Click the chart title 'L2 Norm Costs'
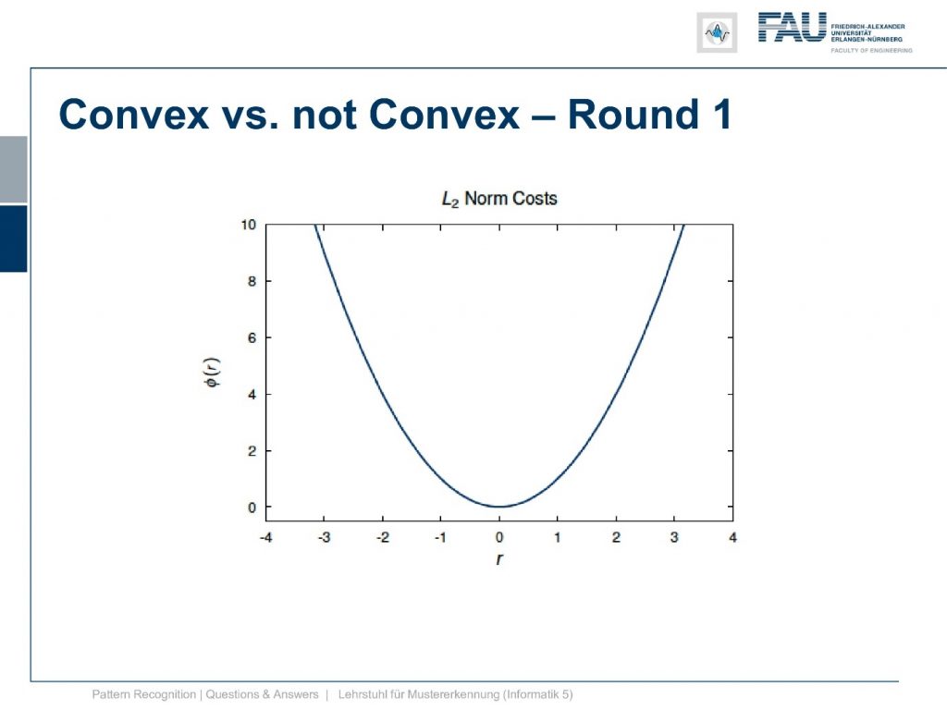tap(499, 199)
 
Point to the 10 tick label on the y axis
tap(248, 226)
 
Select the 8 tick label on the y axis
tap(252, 281)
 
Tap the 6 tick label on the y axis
tap(252, 338)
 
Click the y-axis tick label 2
tap(252, 451)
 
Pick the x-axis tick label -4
tap(265, 537)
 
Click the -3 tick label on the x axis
tap(325, 537)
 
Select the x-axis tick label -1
tap(441, 537)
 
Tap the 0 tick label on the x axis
tap(499, 537)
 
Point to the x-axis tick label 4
tap(732, 537)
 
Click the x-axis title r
tap(498, 559)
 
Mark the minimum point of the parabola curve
tap(499, 507)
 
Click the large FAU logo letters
tap(793, 27)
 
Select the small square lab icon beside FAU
tap(717, 32)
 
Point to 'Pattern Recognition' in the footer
tap(143, 694)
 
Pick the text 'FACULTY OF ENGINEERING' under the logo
tap(871, 51)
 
